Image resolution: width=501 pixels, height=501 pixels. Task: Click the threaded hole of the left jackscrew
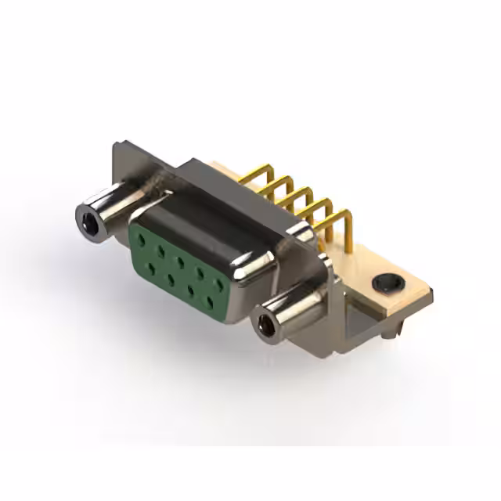pos(89,219)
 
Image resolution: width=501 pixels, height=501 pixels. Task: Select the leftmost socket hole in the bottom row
pos(150,262)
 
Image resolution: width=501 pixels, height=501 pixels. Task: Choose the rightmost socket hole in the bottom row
pos(210,300)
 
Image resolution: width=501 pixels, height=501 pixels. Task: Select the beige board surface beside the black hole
pos(407,301)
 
